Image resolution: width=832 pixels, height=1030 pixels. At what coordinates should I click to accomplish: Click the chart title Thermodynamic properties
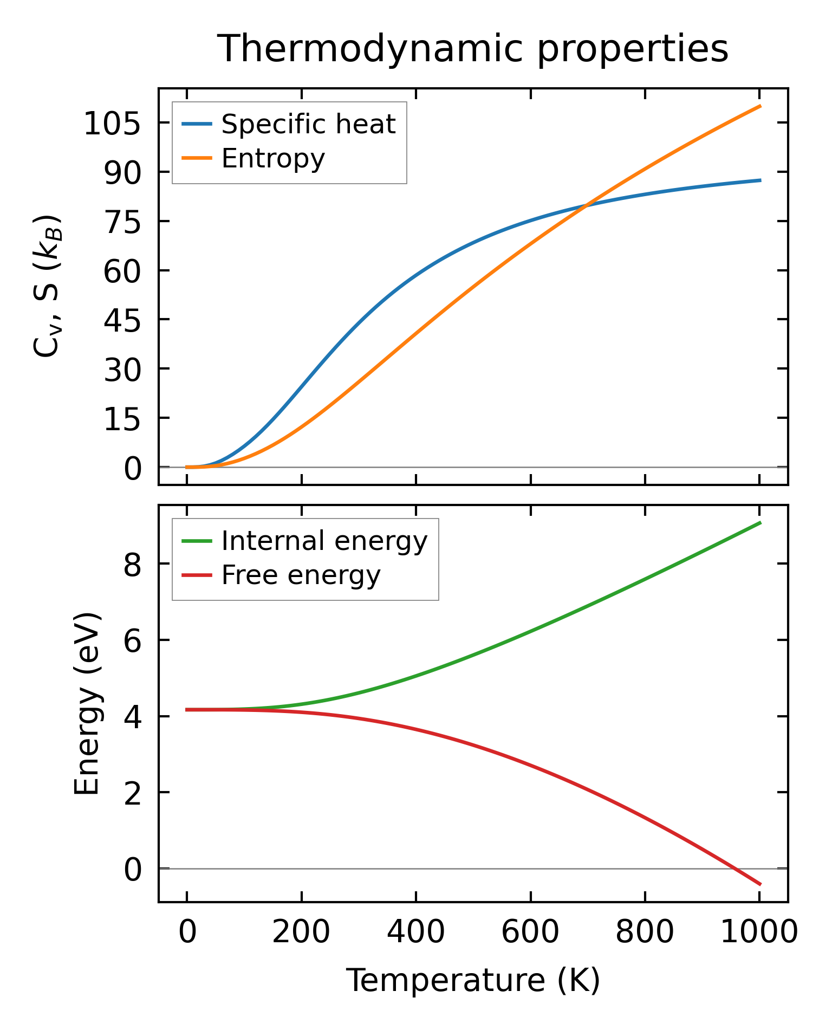pos(472,49)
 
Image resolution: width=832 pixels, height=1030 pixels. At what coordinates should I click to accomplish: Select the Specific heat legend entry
pos(308,124)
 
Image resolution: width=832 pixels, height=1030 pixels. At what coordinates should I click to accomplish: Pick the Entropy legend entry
pos(272,158)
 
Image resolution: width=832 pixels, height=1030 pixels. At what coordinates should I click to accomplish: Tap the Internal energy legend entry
pos(324,541)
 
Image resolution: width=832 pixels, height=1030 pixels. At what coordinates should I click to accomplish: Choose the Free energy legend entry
pos(301,575)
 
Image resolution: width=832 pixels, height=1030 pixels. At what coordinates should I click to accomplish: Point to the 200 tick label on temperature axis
pos(301,932)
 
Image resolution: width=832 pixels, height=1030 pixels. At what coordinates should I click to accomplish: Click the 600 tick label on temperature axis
pos(530,932)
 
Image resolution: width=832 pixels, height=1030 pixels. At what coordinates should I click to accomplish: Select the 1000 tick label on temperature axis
pos(759,932)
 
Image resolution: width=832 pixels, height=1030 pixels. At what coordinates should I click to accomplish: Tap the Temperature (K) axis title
pos(473,980)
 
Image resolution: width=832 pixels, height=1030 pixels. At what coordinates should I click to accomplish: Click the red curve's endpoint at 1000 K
pos(760,884)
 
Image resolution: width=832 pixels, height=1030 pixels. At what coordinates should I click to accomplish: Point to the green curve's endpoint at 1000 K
pos(760,522)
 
